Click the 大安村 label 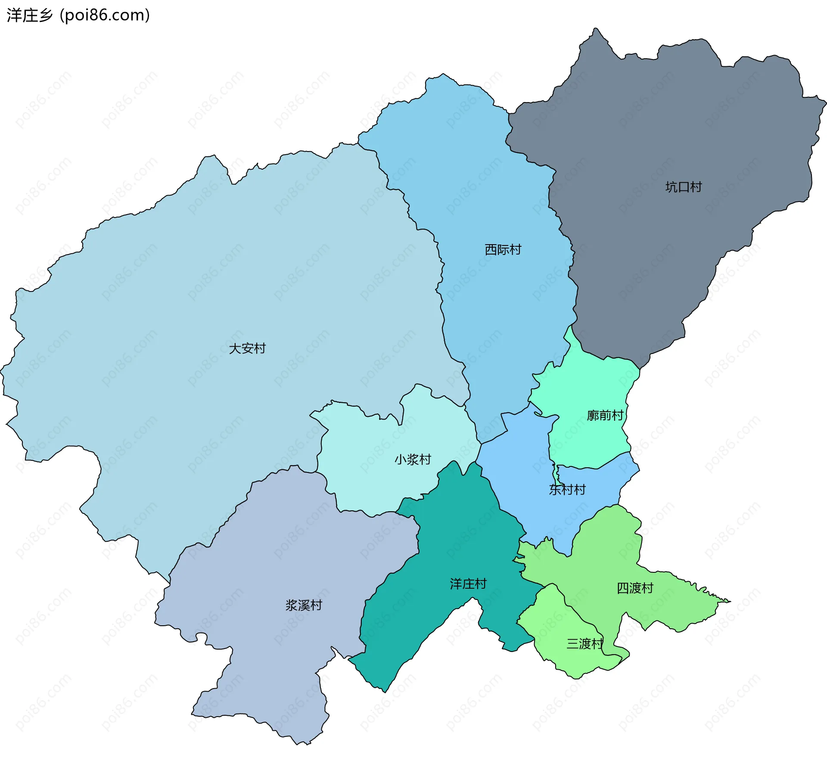click(247, 348)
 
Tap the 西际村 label click(503, 249)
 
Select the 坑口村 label click(684, 187)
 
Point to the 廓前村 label click(605, 415)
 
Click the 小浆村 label click(413, 459)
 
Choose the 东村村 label click(567, 490)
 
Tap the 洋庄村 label click(468, 584)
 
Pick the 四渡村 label click(635, 588)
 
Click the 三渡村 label click(584, 644)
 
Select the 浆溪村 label click(304, 605)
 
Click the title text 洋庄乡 click(29, 15)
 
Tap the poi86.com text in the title click(105, 15)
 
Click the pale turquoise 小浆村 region click(375, 474)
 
